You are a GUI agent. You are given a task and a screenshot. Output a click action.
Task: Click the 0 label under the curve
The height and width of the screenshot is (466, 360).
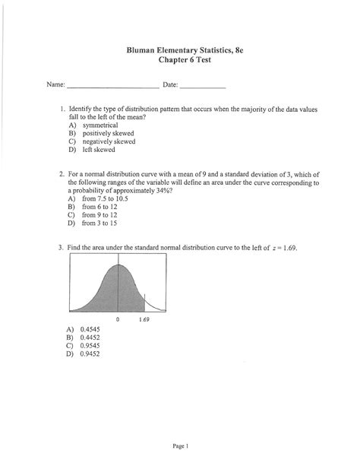(x=118, y=320)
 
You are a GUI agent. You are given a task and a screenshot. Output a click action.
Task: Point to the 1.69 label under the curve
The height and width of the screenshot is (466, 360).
(x=144, y=320)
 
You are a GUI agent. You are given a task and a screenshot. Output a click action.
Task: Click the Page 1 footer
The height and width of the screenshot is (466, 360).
(x=181, y=445)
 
